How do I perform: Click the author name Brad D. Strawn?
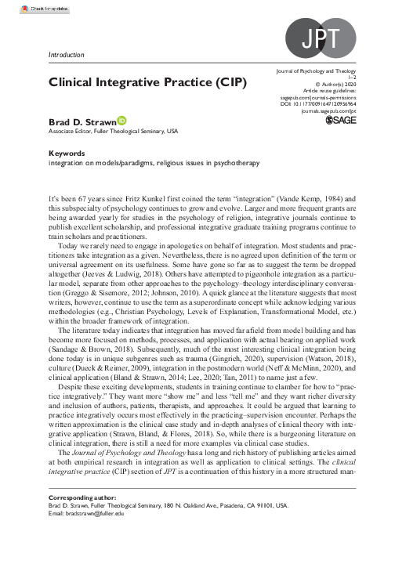pyautogui.click(x=72, y=123)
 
